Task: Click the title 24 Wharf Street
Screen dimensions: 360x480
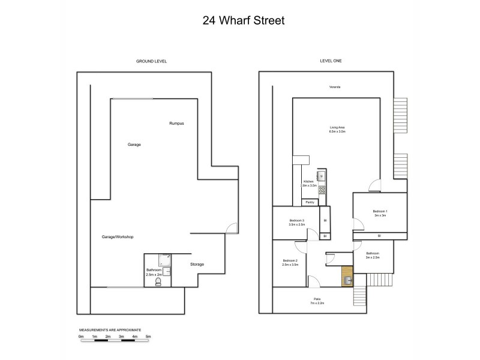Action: [x=239, y=20]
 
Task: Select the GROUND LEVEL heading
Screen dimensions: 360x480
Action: [x=151, y=61]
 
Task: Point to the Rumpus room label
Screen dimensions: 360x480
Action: [x=176, y=124]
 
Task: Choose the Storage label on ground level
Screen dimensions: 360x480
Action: [x=197, y=264]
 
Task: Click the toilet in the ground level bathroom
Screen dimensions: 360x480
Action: [x=158, y=281]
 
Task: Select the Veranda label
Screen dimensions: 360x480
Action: [x=335, y=88]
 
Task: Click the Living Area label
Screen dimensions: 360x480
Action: [x=337, y=127]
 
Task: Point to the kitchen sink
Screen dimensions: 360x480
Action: [x=322, y=176]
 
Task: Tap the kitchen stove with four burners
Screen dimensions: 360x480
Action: [x=322, y=190]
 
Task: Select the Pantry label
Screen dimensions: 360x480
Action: [x=311, y=202]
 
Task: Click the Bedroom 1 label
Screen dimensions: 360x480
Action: [x=380, y=211]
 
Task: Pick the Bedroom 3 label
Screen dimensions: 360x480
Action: [x=296, y=221]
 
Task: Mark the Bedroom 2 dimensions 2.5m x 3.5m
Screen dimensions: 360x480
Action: [x=290, y=265]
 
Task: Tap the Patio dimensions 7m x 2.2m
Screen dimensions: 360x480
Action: [x=317, y=303]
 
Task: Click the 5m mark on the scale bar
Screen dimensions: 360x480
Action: [x=148, y=337]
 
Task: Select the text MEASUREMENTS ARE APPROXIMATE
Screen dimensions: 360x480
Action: [x=110, y=331]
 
